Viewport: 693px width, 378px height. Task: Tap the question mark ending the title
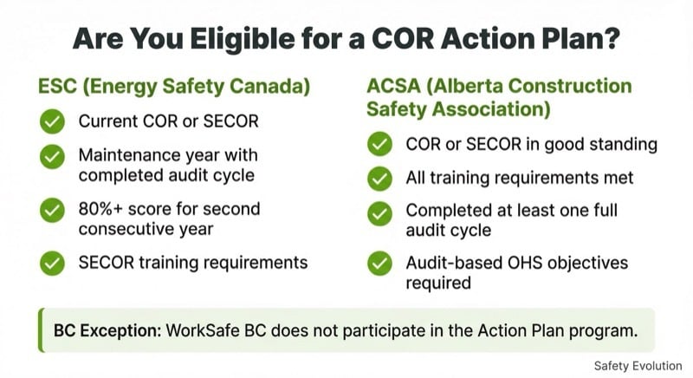point(614,39)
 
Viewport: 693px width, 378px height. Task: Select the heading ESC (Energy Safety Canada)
point(174,88)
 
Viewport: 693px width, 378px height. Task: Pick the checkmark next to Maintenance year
point(52,156)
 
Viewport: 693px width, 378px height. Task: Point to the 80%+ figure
point(100,209)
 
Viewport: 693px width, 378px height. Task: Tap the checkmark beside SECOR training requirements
point(52,262)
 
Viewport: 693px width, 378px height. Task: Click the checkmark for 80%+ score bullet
point(52,209)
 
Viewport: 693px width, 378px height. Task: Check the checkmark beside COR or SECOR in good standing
point(379,143)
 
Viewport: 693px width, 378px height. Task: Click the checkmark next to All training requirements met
point(379,178)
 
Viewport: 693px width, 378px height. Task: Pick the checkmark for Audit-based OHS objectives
point(379,262)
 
